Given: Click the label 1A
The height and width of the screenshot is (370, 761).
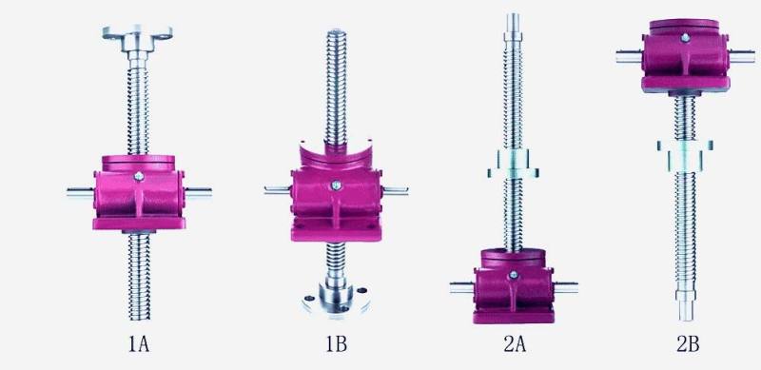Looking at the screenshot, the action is (x=138, y=344).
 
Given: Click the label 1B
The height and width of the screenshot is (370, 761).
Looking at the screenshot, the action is (x=336, y=344).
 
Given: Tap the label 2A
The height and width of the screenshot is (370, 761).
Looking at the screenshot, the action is (x=515, y=344).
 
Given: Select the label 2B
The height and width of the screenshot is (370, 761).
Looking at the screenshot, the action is (x=688, y=344).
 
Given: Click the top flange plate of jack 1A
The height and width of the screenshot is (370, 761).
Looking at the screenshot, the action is (x=137, y=33).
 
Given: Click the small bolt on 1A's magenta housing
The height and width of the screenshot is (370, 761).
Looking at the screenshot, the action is (x=139, y=176).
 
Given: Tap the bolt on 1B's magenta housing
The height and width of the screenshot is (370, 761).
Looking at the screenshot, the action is (x=336, y=185).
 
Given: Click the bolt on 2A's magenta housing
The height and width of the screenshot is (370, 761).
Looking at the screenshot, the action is (x=513, y=275).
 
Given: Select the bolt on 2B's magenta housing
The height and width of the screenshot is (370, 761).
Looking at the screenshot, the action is (x=685, y=37).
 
